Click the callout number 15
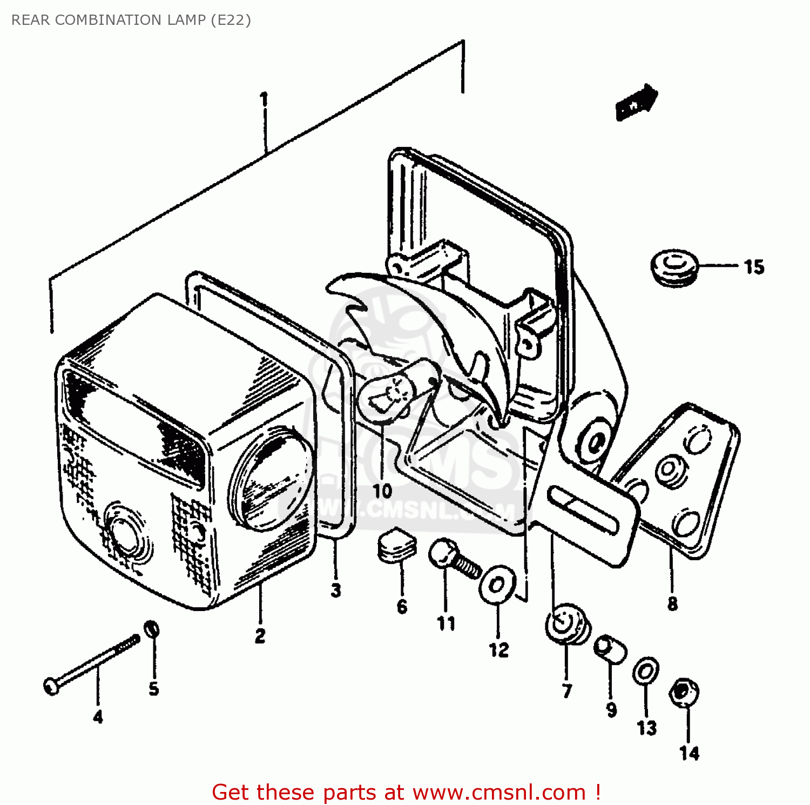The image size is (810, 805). pyautogui.click(x=754, y=267)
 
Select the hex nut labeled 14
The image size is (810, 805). pyautogui.click(x=684, y=692)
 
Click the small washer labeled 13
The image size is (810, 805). pyautogui.click(x=645, y=671)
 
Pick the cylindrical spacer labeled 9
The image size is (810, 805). pyautogui.click(x=610, y=648)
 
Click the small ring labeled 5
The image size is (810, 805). pyautogui.click(x=152, y=629)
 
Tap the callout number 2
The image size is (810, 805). pyautogui.click(x=260, y=636)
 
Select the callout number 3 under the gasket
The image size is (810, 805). pyautogui.click(x=336, y=591)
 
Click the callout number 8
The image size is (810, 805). pyautogui.click(x=672, y=603)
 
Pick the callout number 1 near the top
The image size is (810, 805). pyautogui.click(x=264, y=100)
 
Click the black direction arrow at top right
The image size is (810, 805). pyautogui.click(x=637, y=102)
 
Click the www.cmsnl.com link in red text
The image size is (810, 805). pyautogui.click(x=499, y=792)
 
